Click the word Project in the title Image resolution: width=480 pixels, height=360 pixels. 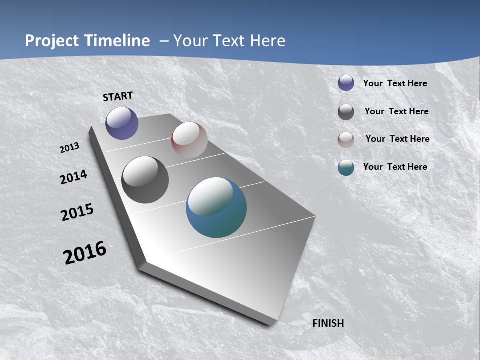click(x=51, y=41)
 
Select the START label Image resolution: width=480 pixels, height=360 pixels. click(x=118, y=96)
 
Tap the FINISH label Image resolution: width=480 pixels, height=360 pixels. click(x=328, y=323)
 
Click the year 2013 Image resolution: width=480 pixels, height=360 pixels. click(x=70, y=148)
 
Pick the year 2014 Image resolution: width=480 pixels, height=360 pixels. click(x=74, y=177)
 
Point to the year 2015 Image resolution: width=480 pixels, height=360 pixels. click(x=77, y=212)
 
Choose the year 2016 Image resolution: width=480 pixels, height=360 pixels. click(x=85, y=253)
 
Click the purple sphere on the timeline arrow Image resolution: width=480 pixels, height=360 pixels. click(x=122, y=123)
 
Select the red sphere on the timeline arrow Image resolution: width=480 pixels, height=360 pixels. click(x=189, y=140)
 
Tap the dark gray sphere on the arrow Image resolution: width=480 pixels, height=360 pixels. click(x=145, y=180)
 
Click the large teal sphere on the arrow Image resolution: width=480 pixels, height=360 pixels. click(x=216, y=207)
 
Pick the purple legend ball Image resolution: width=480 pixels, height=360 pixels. click(x=346, y=83)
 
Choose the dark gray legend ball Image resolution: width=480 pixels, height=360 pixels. click(x=346, y=112)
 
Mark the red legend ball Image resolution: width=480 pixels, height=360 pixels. click(x=346, y=140)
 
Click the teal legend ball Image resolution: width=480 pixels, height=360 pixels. click(x=346, y=167)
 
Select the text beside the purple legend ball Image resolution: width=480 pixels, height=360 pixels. click(x=395, y=83)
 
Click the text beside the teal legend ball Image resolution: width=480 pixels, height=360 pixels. click(x=395, y=167)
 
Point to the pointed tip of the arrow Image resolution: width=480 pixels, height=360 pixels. click(x=270, y=324)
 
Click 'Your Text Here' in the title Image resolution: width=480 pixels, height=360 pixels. click(x=229, y=41)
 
